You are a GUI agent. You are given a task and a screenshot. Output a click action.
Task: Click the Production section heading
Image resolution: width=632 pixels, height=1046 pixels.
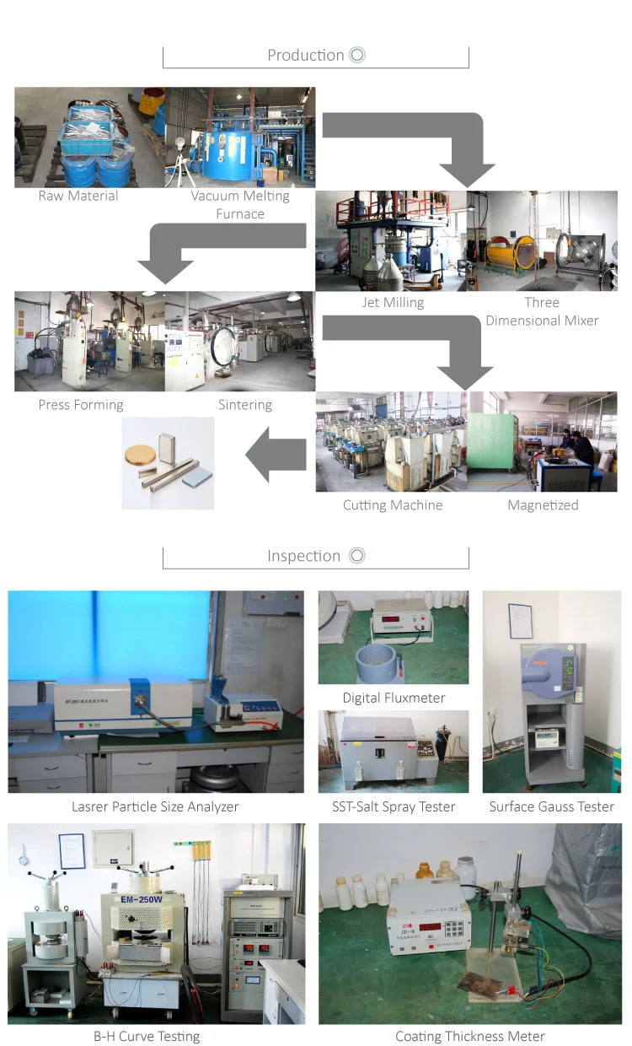point(306,56)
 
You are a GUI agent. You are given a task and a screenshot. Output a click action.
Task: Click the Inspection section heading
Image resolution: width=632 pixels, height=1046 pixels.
point(304,556)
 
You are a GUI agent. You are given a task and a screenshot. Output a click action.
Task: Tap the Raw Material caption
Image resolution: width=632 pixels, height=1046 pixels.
point(78,196)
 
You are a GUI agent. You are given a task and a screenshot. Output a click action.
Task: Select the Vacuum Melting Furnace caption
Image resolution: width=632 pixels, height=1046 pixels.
point(240,205)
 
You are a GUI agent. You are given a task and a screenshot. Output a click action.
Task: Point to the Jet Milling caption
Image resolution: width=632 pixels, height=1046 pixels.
point(393,302)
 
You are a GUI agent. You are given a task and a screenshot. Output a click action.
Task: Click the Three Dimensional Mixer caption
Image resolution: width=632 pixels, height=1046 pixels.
point(542,311)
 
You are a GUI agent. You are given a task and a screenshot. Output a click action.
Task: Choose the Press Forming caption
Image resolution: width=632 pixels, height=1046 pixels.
point(81,405)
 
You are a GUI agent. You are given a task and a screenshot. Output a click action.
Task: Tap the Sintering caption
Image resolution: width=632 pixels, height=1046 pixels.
point(245,405)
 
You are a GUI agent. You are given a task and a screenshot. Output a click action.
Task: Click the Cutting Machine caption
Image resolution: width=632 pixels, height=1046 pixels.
point(393,505)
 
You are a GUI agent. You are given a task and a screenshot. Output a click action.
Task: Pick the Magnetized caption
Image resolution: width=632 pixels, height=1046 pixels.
point(543,505)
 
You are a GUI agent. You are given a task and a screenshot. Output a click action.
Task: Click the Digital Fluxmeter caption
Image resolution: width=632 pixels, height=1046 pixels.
point(394,698)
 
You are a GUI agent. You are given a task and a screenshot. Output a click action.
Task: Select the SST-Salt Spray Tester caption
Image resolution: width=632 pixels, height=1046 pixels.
point(394,807)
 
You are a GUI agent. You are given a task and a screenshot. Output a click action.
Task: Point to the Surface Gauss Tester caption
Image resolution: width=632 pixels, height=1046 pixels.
point(552,807)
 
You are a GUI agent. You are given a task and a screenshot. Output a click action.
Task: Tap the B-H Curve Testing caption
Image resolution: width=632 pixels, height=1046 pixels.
point(147,1036)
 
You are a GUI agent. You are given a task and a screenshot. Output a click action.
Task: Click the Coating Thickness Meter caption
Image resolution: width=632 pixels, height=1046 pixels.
point(470,1036)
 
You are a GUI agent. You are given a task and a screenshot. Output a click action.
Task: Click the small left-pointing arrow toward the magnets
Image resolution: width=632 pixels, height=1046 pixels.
point(275,456)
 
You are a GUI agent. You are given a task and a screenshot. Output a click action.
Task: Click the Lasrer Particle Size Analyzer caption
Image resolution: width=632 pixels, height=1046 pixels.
point(155,807)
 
